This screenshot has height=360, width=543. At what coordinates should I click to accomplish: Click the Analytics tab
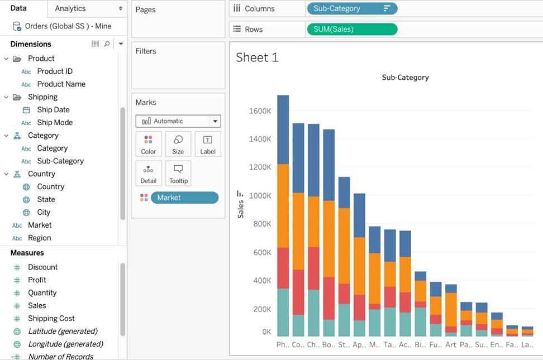70,8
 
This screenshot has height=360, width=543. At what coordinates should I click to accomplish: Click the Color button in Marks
149,144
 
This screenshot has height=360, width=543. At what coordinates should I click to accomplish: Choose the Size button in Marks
178,144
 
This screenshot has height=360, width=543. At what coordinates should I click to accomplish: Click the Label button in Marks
208,144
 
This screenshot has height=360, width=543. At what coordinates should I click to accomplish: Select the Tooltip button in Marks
178,174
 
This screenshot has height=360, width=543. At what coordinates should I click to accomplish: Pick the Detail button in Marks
149,174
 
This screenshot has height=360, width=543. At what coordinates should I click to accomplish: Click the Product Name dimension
61,84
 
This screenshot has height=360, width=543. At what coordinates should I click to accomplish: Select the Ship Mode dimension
55,122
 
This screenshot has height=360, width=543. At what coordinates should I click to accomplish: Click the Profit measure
37,280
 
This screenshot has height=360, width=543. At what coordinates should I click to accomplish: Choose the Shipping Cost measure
51,318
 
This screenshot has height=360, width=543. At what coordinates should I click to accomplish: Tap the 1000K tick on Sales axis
260,196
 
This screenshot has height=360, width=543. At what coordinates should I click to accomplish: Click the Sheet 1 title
257,57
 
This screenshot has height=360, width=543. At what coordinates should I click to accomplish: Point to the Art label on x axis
451,345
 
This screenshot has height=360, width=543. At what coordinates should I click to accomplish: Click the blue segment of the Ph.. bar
283,129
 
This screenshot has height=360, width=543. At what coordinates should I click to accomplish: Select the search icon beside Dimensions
107,44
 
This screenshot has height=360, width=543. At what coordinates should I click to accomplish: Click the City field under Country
44,212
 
